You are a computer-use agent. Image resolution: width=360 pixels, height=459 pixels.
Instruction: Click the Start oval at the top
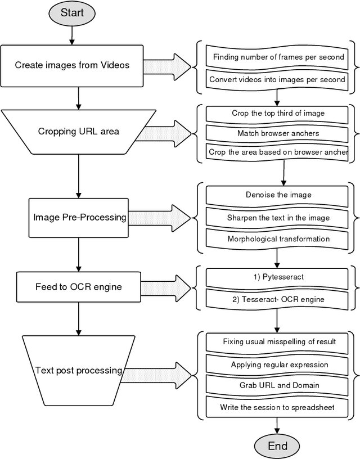(72, 13)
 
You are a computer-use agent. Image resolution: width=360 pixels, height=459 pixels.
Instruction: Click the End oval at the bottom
(277, 445)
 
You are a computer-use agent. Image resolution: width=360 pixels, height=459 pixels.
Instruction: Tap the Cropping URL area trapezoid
(79, 132)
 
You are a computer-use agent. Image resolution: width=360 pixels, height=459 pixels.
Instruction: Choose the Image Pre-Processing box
(80, 217)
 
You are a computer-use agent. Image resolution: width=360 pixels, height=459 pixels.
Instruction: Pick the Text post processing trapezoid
(79, 370)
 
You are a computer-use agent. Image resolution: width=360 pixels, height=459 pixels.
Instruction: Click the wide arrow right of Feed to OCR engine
(166, 287)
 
